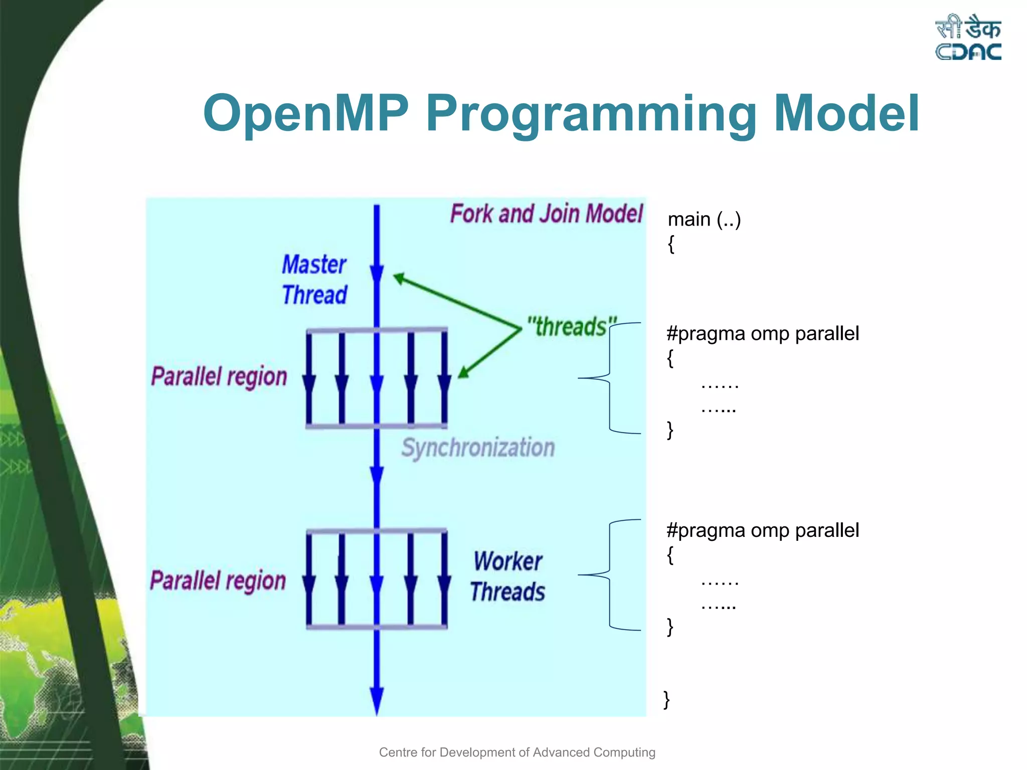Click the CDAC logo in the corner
click(968, 38)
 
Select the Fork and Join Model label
click(546, 214)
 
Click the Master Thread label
click(314, 279)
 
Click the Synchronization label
click(478, 447)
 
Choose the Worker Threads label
click(507, 576)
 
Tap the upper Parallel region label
click(219, 377)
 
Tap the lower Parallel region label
click(218, 581)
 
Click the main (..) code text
click(704, 220)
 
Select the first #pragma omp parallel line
click(762, 333)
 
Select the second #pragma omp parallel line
click(762, 530)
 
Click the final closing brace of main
click(666, 699)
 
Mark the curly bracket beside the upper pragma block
click(610, 377)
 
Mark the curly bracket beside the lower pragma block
click(610, 574)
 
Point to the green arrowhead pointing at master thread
click(400, 278)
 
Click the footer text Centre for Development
click(517, 752)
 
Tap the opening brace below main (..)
click(671, 244)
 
